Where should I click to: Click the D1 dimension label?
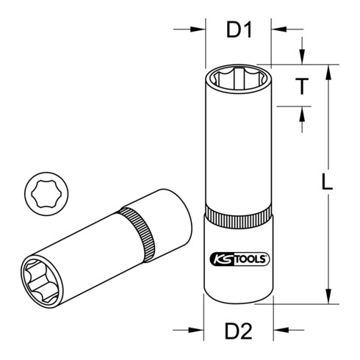(x=238, y=31)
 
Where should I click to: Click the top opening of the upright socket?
(x=237, y=76)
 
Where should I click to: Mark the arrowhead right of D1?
(x=278, y=31)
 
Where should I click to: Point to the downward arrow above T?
(x=301, y=59)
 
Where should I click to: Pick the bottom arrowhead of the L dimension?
(x=323, y=298)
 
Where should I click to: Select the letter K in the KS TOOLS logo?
(x=213, y=258)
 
